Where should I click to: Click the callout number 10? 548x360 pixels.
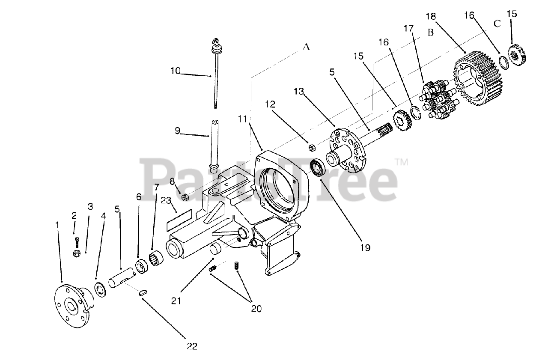point(176,71)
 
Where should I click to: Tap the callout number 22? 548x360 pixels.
point(192,346)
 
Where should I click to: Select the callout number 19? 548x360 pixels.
point(365,247)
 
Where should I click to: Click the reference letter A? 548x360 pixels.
point(306,48)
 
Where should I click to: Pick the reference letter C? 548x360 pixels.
point(497,24)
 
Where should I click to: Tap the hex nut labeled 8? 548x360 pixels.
point(186,198)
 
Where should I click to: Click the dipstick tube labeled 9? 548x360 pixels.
point(214,146)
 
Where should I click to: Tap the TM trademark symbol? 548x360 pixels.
point(401,162)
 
